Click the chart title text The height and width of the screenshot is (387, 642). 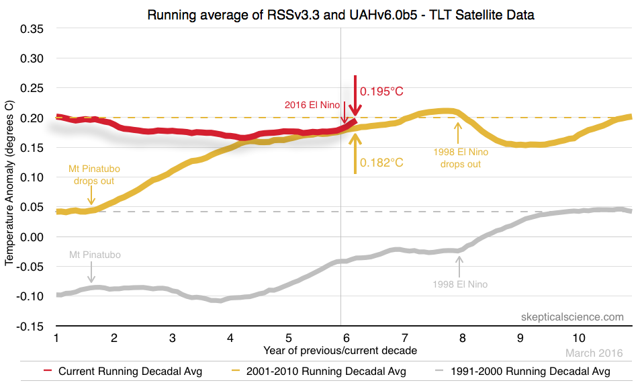coord(341,14)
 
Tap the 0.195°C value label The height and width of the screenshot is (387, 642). coord(381,91)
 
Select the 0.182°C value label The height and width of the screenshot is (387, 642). coord(381,162)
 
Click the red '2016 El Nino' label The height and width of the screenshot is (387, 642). coord(312,105)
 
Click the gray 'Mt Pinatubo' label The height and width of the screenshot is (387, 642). coord(95,255)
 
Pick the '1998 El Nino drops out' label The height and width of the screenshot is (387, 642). coord(461,158)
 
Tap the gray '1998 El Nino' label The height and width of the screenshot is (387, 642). coord(461,284)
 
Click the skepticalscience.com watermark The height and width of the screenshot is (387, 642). coord(572,317)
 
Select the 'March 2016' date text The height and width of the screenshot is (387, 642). coord(594,353)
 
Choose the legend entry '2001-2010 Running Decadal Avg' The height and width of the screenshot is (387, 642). coord(327,370)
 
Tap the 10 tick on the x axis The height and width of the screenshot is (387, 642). coord(578,337)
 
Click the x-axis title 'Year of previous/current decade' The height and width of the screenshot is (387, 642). coord(341,350)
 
